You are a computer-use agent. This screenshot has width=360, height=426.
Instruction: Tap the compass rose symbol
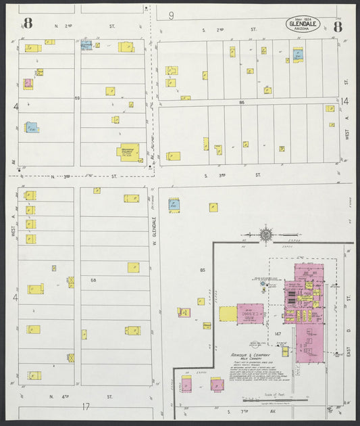[x=266, y=235]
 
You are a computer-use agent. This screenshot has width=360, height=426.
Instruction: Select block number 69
[x=78, y=99]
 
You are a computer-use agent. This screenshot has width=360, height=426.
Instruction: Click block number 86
[x=240, y=102]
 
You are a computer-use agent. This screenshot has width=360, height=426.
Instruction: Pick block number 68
[x=94, y=280]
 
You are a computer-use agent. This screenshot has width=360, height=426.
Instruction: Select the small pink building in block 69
[x=28, y=84]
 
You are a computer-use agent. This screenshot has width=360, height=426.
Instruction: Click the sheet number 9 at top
[x=172, y=15]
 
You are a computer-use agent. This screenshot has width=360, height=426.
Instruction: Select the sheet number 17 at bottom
[x=86, y=406]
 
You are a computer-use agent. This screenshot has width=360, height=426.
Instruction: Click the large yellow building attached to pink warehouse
[x=228, y=314]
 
